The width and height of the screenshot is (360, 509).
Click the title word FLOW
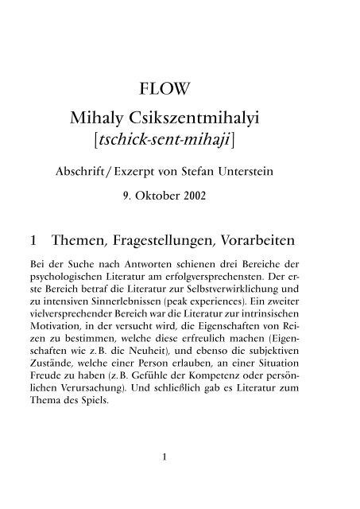click(180, 87)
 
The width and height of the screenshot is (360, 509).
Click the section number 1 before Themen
click(32, 239)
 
